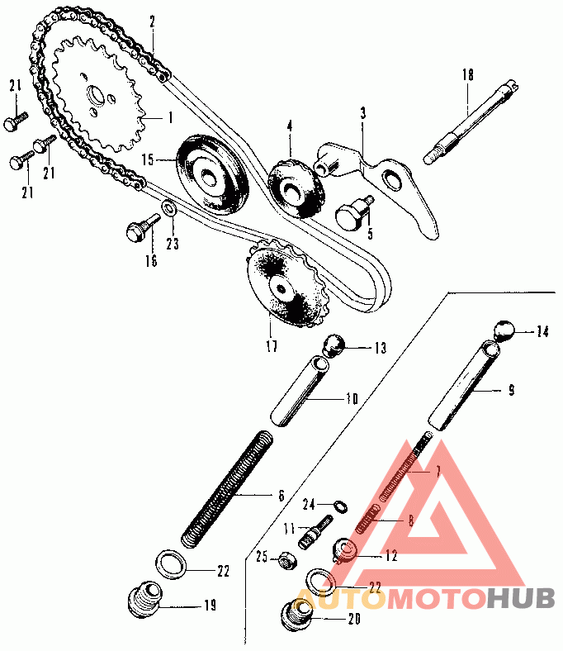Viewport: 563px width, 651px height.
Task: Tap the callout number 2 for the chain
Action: (x=152, y=21)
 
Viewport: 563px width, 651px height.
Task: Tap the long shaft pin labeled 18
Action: (x=471, y=123)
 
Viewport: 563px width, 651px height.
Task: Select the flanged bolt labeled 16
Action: (x=142, y=227)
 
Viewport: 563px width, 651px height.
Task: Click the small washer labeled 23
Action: (x=169, y=207)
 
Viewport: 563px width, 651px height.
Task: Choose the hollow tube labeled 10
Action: (x=300, y=391)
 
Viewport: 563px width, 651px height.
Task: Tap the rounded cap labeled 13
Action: (x=334, y=345)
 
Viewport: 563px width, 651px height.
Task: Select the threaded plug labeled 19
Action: (x=144, y=599)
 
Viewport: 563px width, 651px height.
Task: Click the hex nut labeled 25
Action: (x=286, y=560)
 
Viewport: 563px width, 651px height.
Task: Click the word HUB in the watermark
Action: (x=521, y=599)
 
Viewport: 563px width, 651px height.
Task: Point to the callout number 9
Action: (x=511, y=391)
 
